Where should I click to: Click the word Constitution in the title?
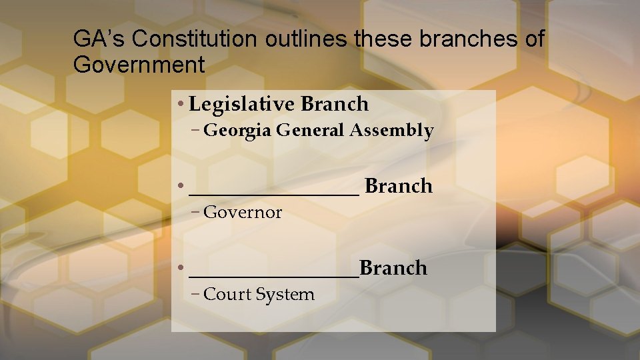point(194,39)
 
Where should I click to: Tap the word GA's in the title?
point(99,39)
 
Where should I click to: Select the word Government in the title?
point(139,65)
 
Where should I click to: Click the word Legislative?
point(242,104)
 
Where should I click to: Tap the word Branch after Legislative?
point(335,104)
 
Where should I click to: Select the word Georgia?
point(237,131)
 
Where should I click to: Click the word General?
point(311,131)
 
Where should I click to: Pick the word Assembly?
point(392,131)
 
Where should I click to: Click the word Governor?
point(243,213)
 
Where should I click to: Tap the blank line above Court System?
point(274,275)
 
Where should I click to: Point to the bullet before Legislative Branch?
point(181,105)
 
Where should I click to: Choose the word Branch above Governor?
point(399,186)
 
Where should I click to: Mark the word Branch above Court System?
point(393,268)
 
